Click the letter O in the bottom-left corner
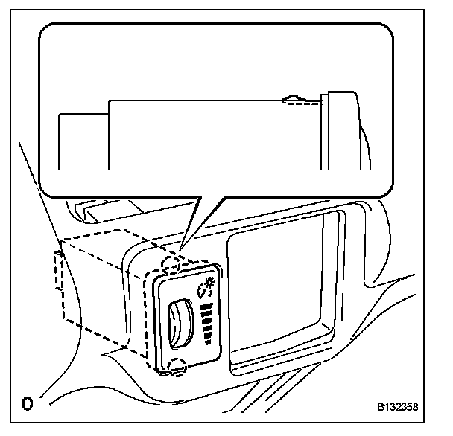pos(27,405)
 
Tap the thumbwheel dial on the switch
pos(179,325)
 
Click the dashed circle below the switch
pos(176,366)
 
